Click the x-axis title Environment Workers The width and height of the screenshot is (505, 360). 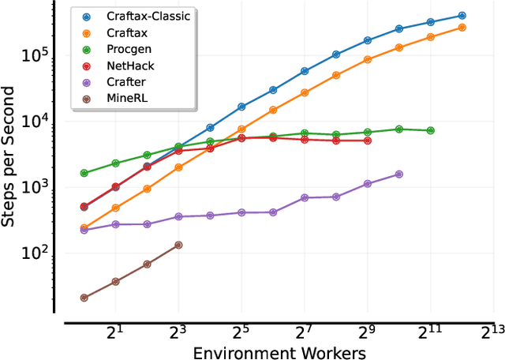click(x=279, y=352)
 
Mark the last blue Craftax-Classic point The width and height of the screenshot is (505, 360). click(x=462, y=16)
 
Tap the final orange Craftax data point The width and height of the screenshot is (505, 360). click(x=462, y=28)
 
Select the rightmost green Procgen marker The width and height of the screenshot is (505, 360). click(x=430, y=130)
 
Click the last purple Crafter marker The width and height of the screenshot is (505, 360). click(x=398, y=174)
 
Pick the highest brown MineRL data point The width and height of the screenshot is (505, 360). click(x=178, y=245)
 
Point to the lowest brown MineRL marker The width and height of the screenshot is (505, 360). click(x=84, y=298)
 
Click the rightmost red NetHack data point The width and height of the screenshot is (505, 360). click(x=368, y=141)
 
